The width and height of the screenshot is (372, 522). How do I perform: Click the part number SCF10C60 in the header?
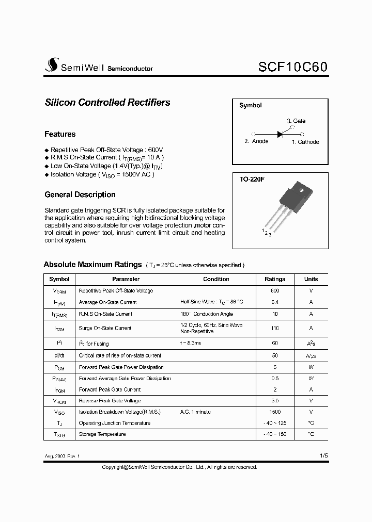tap(292, 67)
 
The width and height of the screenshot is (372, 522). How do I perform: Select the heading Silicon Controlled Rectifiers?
tap(107, 103)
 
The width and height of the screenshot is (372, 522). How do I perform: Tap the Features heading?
tap(60, 134)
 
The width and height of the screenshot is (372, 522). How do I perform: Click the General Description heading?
tap(80, 194)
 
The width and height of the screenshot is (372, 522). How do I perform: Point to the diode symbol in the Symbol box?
tap(281, 134)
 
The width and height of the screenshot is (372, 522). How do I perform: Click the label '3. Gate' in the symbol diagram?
tap(296, 121)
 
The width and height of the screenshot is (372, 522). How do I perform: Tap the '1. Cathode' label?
tap(305, 142)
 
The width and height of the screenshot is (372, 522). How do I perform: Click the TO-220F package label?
tap(252, 180)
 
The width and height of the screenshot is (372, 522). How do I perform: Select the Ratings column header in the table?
tap(275, 279)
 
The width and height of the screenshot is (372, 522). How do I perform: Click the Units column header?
tap(311, 279)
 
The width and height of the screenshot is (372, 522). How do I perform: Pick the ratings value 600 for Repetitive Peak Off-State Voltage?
tap(275, 291)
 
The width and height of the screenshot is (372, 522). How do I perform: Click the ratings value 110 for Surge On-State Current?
tap(275, 328)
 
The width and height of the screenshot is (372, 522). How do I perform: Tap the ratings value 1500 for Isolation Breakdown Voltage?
tap(275, 412)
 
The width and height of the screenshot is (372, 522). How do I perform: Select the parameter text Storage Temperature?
tap(102, 434)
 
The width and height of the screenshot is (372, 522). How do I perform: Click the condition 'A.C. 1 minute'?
tap(195, 412)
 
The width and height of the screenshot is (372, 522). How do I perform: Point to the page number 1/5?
tap(323, 456)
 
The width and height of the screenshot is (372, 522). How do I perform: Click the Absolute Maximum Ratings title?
tap(92, 265)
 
